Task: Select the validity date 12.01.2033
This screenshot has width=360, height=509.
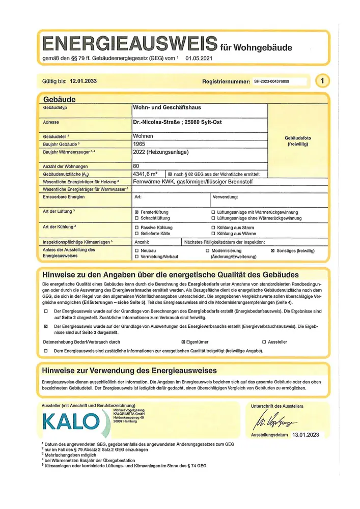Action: pos(84,81)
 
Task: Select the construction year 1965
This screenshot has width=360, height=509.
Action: pos(139,144)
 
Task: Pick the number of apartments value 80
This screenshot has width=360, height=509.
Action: pos(136,166)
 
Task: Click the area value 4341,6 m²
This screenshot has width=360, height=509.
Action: pos(145,174)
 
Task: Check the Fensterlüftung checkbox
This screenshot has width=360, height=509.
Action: pos(136,212)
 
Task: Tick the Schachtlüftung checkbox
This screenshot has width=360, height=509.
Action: pos(136,218)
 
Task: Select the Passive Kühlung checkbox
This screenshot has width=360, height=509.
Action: pos(136,227)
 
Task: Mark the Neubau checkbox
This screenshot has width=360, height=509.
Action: pos(136,251)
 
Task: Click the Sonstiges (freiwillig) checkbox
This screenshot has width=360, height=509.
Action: pos(273,251)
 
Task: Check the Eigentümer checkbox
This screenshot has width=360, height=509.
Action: pos(184,342)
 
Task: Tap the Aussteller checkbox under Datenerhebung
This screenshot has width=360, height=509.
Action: pos(264,342)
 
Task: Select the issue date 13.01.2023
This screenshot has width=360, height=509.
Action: pos(306,436)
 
